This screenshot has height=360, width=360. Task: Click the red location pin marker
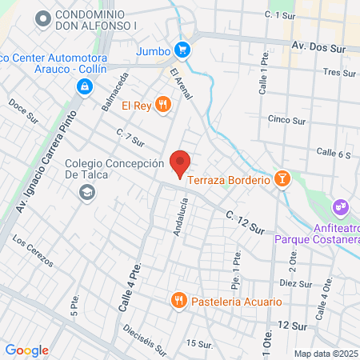[180, 162]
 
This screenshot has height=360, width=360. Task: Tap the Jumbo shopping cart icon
[183, 50]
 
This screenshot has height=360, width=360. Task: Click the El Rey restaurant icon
[163, 104]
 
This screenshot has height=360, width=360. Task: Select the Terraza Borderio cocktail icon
[281, 180]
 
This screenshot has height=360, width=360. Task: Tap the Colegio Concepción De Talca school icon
[86, 192]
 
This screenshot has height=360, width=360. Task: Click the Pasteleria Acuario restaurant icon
[179, 302]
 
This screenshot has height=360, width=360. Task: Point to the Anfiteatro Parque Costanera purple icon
[342, 207]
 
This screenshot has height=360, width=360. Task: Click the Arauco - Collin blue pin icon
[84, 86]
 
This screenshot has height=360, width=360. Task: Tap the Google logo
[26, 350]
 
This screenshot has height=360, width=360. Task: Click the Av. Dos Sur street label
[319, 48]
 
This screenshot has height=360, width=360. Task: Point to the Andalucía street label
[180, 217]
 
